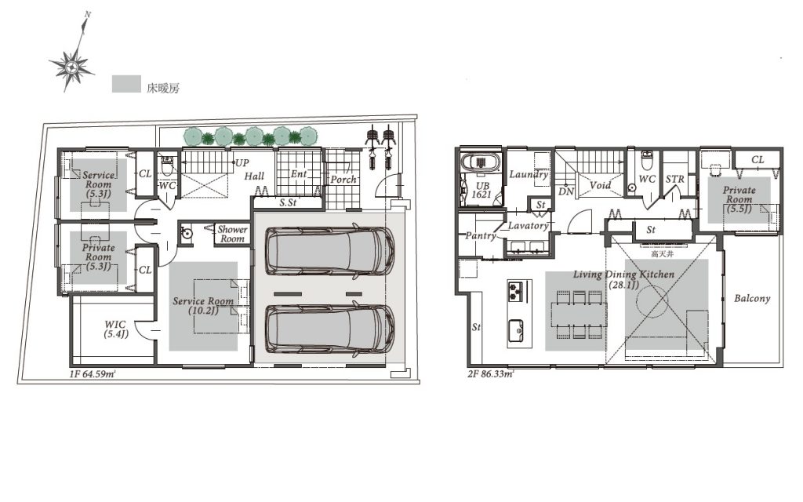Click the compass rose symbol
[71, 66]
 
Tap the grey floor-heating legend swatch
[126, 85]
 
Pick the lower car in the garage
[330, 329]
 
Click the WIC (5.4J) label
[116, 329]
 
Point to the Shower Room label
[232, 234]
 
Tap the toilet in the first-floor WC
[168, 165]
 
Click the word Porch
[343, 180]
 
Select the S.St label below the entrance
[288, 203]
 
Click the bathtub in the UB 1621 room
[481, 162]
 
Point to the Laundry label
[529, 175]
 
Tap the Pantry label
[481, 236]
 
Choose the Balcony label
[752, 298]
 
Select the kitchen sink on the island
[516, 330]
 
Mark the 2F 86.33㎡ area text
[490, 374]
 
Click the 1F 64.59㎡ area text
[93, 374]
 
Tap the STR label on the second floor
[675, 180]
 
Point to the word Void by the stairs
[600, 185]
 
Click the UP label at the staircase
[242, 163]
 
